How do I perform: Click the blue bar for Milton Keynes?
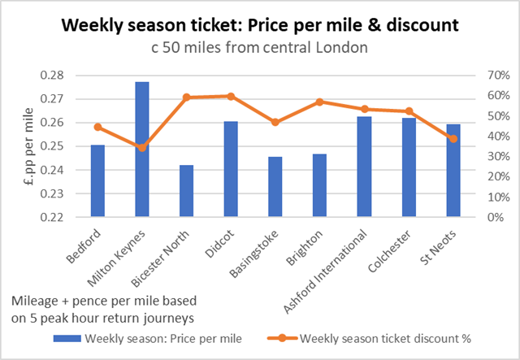tap(142, 150)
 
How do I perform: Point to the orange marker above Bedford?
tap(97, 127)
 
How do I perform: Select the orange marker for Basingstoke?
tap(275, 122)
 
